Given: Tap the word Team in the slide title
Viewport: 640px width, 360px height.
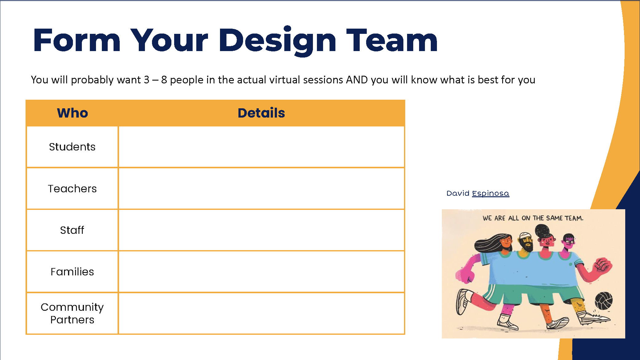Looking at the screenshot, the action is pos(392,40).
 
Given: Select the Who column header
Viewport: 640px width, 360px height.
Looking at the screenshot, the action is pos(72,113).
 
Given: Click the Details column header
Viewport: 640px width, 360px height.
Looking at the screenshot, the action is pos(261,113).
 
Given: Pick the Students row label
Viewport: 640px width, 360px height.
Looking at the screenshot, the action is pos(72,147).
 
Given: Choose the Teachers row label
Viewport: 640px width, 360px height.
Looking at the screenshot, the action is pos(72,189).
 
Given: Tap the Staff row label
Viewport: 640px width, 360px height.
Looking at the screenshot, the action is pos(72,230).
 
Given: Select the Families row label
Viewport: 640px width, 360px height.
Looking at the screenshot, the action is pos(72,272).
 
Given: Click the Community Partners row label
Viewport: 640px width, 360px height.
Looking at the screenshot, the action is pos(72,313).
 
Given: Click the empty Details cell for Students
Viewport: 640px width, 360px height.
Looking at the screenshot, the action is pos(261,147).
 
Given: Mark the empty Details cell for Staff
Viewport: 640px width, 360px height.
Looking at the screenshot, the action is pos(261,230).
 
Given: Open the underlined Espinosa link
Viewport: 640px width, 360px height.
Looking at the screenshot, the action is pos(490,193).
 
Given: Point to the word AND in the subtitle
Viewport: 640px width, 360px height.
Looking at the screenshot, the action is pos(357,80).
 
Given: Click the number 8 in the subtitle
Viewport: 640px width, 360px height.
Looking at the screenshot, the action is pos(164,80).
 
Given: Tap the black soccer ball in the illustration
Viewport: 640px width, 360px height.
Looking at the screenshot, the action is pos(604,301).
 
